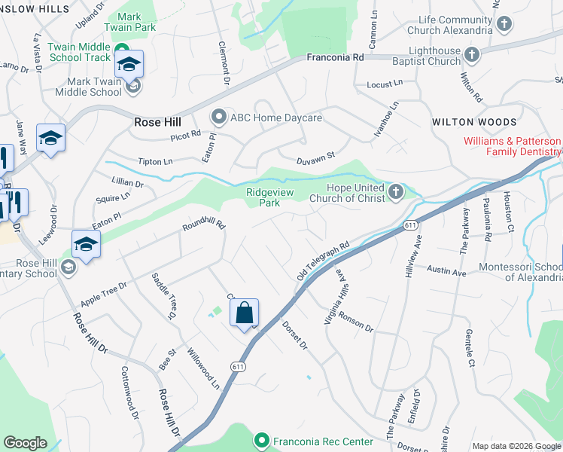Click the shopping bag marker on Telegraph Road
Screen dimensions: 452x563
[245, 313]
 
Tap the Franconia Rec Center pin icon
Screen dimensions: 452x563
[261, 439]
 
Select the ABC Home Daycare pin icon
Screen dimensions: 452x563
[218, 118]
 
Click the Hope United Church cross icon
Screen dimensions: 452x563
[396, 193]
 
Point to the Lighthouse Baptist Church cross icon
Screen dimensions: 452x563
[472, 55]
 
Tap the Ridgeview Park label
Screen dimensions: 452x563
[263, 197]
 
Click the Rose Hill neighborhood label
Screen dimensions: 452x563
[157, 121]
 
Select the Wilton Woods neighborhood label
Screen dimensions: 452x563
[474, 122]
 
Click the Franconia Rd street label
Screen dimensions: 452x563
[336, 56]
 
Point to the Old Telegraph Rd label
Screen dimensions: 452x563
[324, 261]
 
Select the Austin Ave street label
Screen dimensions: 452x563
[448, 270]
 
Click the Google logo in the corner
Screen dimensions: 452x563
[26, 443]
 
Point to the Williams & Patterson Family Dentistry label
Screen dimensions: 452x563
[512, 146]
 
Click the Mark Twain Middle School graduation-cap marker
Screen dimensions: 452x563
[129, 65]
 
